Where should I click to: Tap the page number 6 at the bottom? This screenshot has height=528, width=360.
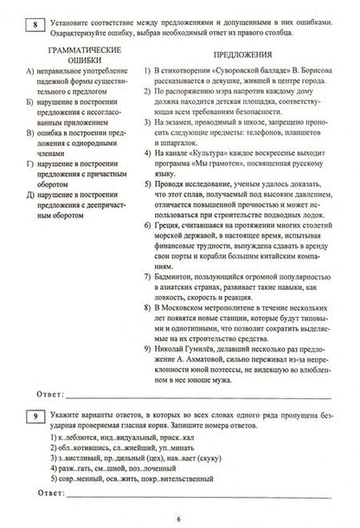click(x=179, y=517)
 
